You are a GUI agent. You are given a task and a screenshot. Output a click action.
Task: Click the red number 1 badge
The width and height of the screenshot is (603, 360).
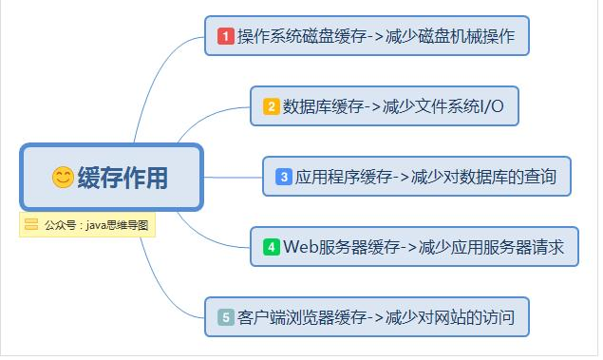226,36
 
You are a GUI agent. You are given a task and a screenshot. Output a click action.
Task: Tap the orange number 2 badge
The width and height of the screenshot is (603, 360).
272,106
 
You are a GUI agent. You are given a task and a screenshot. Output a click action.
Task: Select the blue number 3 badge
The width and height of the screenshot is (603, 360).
284,177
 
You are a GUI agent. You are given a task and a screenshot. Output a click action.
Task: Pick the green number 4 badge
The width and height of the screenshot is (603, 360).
271,247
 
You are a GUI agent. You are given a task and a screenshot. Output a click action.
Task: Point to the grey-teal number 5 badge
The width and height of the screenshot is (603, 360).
226,317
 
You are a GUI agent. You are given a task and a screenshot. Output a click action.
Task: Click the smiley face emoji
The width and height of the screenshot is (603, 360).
63,177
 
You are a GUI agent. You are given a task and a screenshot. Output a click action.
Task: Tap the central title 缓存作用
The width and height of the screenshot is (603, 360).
122,178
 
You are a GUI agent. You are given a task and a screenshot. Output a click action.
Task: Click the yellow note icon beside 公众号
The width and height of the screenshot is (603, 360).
31,225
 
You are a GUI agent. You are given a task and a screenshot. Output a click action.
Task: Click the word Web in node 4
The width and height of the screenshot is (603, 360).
298,247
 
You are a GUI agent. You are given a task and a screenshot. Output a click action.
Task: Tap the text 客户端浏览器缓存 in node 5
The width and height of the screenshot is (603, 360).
302,317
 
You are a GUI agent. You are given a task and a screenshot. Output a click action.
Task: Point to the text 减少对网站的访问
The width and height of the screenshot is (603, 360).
451,317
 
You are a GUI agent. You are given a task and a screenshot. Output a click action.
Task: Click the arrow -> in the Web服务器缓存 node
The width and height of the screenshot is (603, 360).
408,247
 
